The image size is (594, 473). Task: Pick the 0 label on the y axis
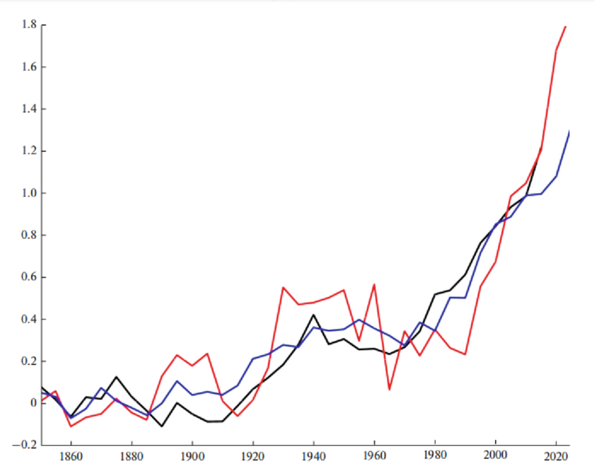tap(34, 403)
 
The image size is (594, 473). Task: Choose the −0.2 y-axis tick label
tap(26, 445)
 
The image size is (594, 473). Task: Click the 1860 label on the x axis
tap(71, 458)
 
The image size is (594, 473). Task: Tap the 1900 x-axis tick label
tap(192, 458)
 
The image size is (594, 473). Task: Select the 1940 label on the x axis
tap(314, 458)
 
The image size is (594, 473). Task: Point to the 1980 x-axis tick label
tap(435, 458)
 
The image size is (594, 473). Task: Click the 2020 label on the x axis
tap(556, 458)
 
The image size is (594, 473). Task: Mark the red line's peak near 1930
tap(283, 287)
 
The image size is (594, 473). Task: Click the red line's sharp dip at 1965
tap(389, 389)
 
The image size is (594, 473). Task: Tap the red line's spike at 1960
tap(375, 284)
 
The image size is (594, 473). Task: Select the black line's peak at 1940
tap(314, 314)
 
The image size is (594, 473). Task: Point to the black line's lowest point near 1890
tap(162, 426)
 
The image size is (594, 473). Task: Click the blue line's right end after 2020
tap(569, 132)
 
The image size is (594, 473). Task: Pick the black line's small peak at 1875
tap(116, 376)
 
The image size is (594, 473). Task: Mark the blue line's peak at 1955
tap(359, 320)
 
